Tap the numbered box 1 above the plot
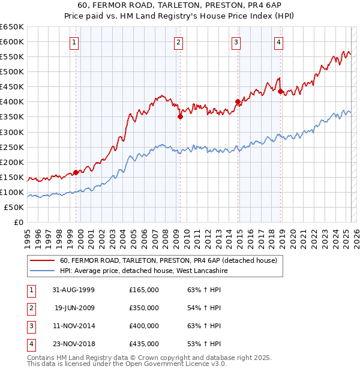coord(73,42)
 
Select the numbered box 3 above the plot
coord(236,42)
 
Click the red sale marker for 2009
coord(180,117)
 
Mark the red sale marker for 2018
coord(280,91)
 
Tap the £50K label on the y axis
coord(14,207)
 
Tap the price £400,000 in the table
coord(144,326)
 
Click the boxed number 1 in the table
coord(31,290)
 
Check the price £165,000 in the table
coord(144,290)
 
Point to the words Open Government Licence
coord(179,364)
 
